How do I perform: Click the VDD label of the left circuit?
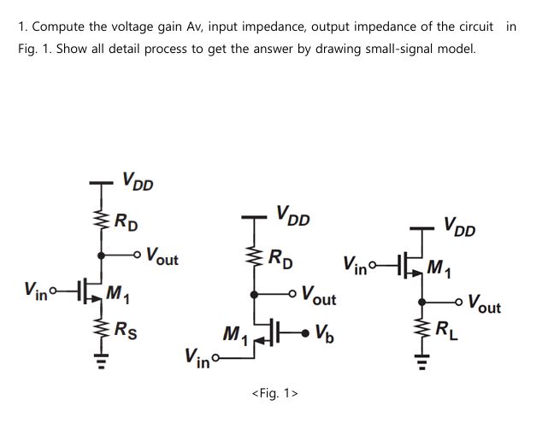[138, 182]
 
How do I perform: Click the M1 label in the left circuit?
[118, 296]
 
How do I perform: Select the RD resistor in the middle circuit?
[254, 256]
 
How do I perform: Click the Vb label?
[326, 332]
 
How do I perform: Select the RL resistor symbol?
[421, 329]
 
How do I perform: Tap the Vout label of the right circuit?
[484, 305]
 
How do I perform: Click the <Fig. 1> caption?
[274, 393]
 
